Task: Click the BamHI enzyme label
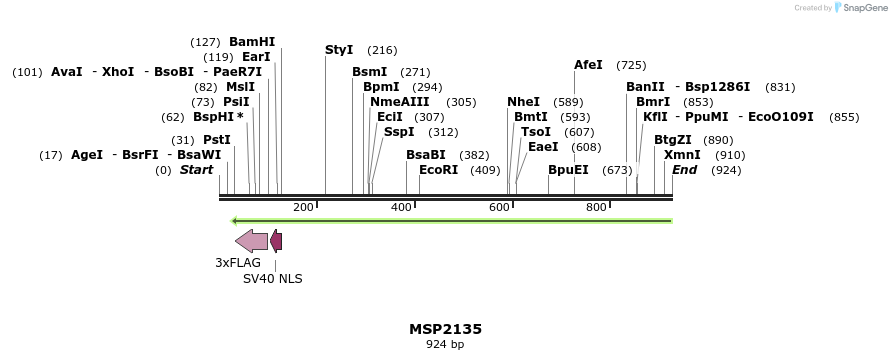252,42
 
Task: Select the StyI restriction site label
339,50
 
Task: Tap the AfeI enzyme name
588,65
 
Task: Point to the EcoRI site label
439,170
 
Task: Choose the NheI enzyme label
523,102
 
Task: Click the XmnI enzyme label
682,155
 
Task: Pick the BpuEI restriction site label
568,170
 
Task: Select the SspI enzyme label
399,132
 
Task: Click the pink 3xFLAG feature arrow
251,240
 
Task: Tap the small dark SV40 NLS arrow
276,240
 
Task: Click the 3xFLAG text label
238,263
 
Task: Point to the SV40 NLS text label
272,279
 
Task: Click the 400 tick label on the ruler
401,207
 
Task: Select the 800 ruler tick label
596,207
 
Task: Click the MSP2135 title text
445,329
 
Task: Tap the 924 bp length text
445,345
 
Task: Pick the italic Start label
196,170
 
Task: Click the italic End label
684,170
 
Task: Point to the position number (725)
631,65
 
